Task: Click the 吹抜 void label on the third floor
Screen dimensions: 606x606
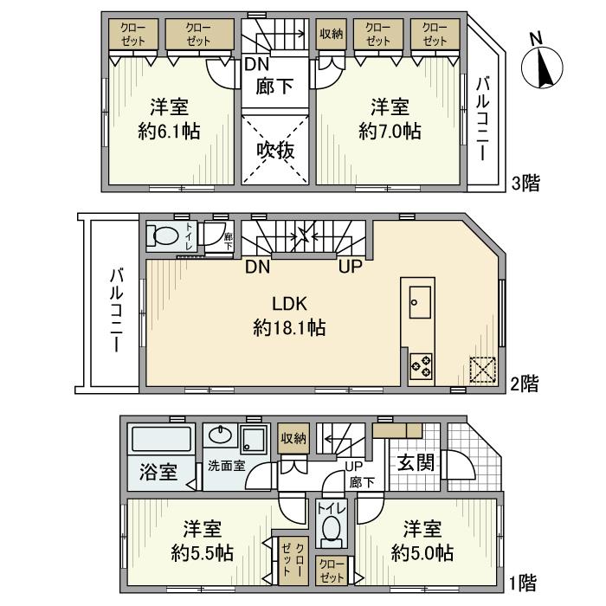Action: [276, 149]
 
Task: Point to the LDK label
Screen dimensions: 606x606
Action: [290, 304]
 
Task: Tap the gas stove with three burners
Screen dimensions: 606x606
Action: [421, 366]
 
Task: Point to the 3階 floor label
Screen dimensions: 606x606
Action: [525, 183]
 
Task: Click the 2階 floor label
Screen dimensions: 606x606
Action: [525, 382]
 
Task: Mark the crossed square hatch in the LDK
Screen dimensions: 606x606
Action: [481, 370]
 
